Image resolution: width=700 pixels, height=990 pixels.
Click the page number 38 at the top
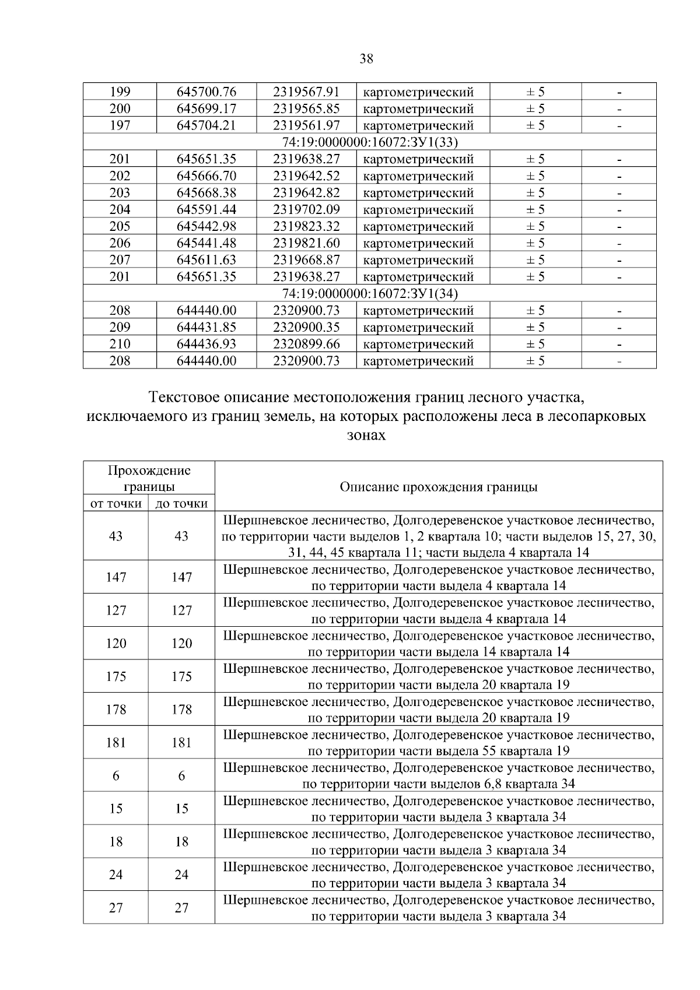[x=366, y=58]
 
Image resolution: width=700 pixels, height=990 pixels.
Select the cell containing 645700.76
[x=206, y=92]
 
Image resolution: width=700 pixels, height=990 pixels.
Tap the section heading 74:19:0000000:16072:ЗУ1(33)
[x=369, y=142]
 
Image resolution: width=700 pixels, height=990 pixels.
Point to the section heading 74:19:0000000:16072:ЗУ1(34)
[x=369, y=294]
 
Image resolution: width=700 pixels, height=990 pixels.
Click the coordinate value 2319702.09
[x=306, y=210]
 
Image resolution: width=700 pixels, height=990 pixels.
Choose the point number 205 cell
[x=120, y=227]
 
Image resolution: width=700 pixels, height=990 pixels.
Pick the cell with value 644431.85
[x=206, y=328]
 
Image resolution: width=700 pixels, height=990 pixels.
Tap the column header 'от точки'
[x=116, y=504]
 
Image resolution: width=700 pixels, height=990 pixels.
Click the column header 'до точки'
[x=181, y=504]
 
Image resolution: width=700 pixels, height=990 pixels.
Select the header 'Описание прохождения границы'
[x=439, y=487]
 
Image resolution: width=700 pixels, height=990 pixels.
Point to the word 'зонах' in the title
[x=366, y=436]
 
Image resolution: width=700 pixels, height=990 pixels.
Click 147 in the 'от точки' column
[x=116, y=577]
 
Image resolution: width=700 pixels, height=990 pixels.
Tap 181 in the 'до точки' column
[x=181, y=743]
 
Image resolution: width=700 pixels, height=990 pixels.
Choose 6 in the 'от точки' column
[x=116, y=776]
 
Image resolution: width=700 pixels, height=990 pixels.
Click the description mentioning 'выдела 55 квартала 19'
[x=439, y=743]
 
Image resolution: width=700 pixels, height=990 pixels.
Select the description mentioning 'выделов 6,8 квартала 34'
[x=439, y=776]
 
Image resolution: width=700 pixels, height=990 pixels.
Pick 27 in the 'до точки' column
[x=181, y=908]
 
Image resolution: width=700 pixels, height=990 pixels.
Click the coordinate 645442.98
[x=206, y=227]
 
